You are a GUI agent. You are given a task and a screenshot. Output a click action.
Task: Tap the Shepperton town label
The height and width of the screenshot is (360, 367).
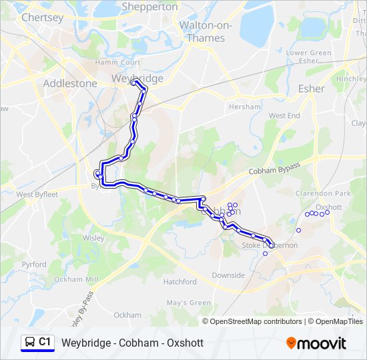[x=149, y=7]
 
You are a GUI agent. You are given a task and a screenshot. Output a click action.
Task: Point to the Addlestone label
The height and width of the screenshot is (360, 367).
[x=69, y=83]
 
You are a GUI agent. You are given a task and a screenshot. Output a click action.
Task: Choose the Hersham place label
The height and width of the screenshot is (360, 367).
[x=244, y=107]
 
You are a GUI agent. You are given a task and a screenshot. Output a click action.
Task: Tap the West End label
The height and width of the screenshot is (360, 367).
[x=284, y=115]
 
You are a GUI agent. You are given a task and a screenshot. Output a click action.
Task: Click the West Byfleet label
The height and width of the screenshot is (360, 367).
[x=37, y=195]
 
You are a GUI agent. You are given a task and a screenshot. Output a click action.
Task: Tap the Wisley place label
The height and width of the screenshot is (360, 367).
[x=93, y=238]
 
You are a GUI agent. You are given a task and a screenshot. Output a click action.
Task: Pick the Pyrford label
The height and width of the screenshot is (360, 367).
[x=34, y=265]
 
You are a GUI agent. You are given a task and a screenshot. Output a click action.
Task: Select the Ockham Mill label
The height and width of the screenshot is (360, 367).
[x=76, y=279]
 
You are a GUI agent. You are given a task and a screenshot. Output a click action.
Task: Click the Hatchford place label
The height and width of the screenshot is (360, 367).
[x=180, y=282]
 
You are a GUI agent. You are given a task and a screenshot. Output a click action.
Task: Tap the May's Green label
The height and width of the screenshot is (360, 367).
[x=189, y=303]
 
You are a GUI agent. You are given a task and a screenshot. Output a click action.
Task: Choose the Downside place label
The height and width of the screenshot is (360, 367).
[x=228, y=275]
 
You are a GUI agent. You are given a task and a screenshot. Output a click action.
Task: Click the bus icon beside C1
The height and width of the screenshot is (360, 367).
[x=29, y=343]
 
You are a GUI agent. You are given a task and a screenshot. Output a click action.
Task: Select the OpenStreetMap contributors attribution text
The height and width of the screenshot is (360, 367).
[x=256, y=321]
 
